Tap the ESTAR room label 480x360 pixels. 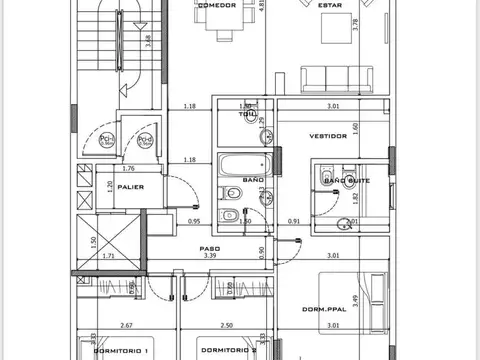tap(327, 5)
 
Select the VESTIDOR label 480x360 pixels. tap(327, 136)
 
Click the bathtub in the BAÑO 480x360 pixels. tap(241, 164)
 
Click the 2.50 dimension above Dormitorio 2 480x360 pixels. tap(227, 326)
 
